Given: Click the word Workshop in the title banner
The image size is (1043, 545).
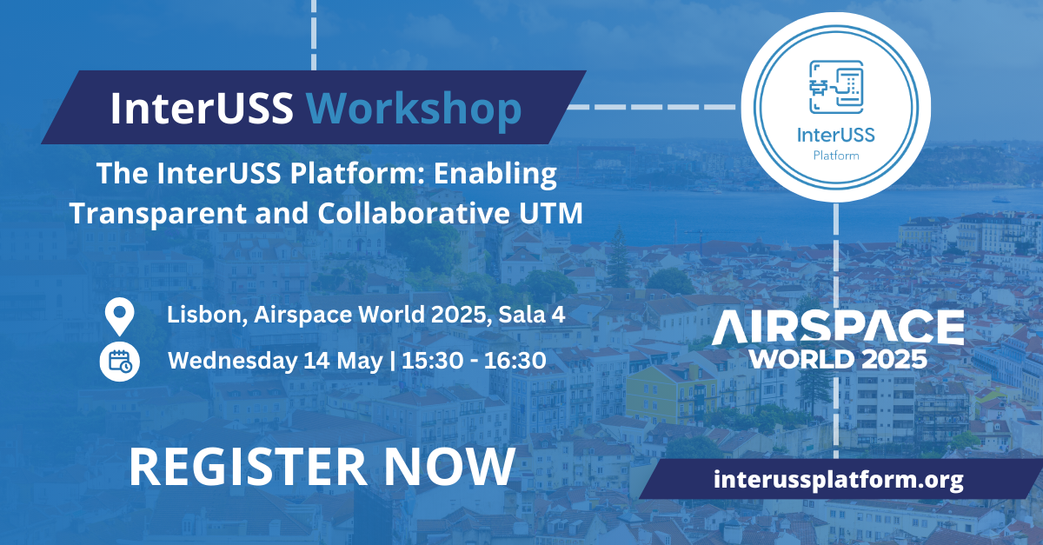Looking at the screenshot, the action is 414,109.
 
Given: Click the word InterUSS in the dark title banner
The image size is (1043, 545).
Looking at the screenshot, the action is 202,108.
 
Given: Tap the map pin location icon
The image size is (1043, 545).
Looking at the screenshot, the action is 120,316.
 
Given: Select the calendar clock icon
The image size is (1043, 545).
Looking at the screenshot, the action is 120,362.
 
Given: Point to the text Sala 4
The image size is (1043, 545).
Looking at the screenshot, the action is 532,315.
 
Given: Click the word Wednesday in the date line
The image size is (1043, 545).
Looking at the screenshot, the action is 231,361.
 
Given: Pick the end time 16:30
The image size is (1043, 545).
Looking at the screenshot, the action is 515,361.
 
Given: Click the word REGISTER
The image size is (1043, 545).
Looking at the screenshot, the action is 249,467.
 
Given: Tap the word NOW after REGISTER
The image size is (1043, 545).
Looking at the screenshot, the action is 450,467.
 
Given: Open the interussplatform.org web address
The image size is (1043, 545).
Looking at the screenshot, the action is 838,480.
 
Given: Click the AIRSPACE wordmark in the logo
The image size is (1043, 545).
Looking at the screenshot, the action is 838,328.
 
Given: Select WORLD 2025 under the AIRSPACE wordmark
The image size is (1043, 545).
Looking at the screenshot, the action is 838,359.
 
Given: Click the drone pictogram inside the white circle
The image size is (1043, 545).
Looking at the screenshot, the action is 836,87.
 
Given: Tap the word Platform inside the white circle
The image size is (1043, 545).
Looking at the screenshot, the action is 836,156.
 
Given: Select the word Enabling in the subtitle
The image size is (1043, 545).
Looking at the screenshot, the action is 495,174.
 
